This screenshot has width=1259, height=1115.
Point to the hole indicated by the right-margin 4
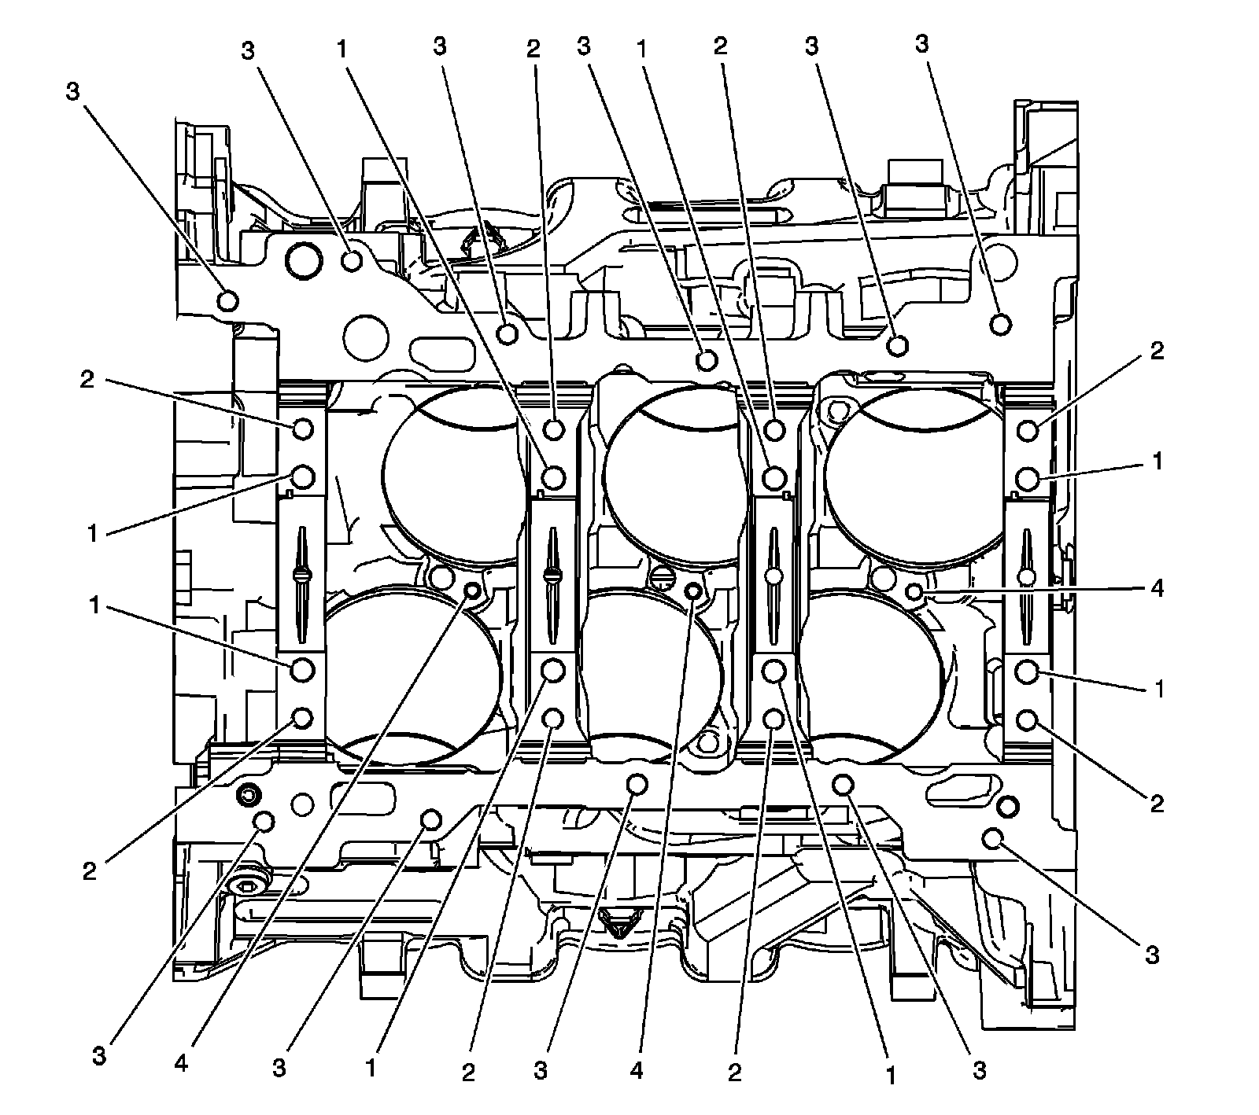pos(914,591)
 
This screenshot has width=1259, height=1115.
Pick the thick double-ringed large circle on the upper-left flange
pos(304,261)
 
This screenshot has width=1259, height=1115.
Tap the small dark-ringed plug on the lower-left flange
pos(247,796)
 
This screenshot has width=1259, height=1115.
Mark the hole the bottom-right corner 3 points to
pos(993,839)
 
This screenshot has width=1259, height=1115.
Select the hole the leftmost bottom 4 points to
pos(473,591)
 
